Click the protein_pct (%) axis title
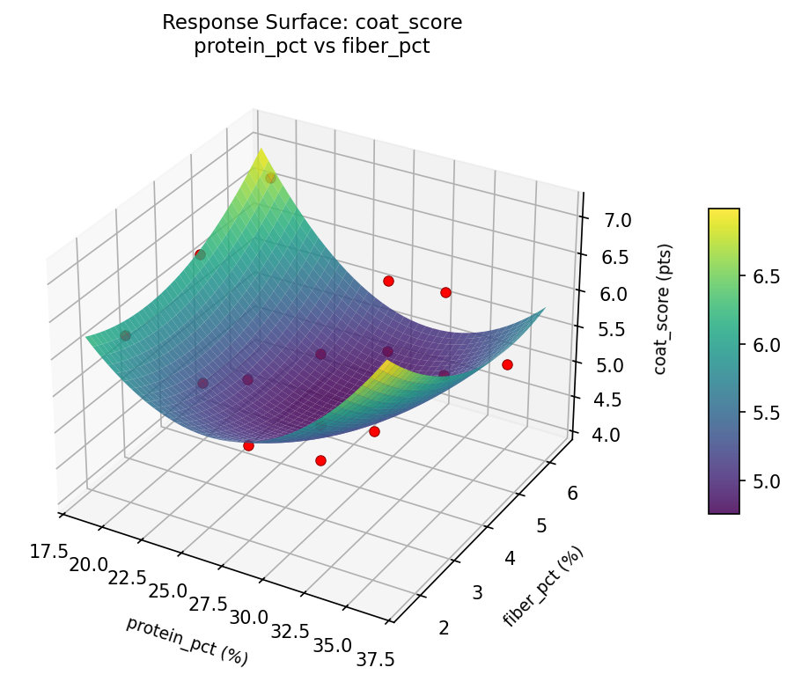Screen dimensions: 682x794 click(x=186, y=641)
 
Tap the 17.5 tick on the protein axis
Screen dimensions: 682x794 click(x=49, y=551)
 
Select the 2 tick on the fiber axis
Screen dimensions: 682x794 click(x=443, y=627)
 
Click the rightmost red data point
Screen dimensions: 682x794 click(x=507, y=364)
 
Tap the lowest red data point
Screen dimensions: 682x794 click(x=320, y=460)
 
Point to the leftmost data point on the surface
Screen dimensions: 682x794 click(x=125, y=335)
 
